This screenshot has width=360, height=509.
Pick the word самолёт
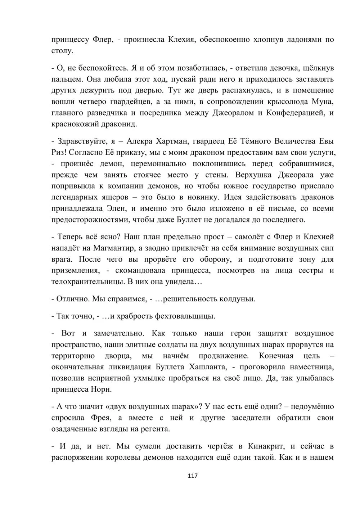(x=252, y=237)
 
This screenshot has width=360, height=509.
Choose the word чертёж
(x=221, y=446)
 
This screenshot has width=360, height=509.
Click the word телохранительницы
(x=88, y=282)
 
